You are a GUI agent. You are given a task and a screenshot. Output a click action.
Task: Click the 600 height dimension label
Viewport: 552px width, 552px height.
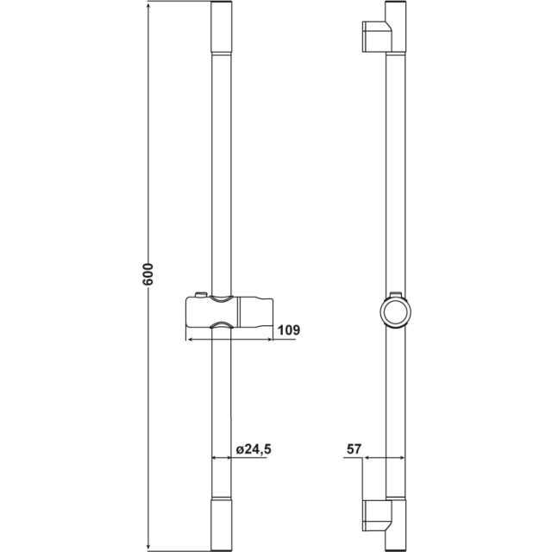pos(148,274)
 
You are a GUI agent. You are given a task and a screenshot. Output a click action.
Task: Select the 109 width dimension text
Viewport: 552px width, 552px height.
pos(289,330)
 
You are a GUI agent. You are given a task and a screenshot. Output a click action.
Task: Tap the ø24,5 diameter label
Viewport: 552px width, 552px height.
pos(254,449)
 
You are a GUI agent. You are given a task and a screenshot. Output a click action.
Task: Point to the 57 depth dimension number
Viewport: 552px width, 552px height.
pos(354,449)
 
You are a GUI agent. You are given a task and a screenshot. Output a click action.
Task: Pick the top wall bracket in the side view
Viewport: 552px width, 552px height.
pos(377,36)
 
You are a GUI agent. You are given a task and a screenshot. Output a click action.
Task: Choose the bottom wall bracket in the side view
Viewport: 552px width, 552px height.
pos(377,515)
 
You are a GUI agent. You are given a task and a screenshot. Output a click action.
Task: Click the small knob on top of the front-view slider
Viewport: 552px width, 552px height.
pos(201,295)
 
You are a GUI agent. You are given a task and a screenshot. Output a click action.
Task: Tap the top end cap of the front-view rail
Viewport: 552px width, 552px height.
pos(222,27)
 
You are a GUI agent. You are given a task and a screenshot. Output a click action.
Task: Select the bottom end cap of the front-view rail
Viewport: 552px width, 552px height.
pos(222,524)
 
